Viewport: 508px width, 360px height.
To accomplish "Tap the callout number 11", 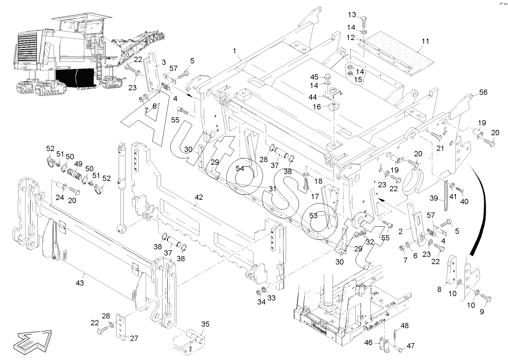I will pyautogui.click(x=425, y=41).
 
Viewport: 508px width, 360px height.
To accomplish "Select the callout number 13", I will pyautogui.click(x=352, y=15).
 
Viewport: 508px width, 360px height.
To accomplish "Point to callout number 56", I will pyautogui.click(x=483, y=92).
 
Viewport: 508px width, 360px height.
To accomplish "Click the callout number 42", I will pyautogui.click(x=199, y=197).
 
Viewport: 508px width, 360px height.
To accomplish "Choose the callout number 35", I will pyautogui.click(x=205, y=324).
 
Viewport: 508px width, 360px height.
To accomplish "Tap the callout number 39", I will pyautogui.click(x=434, y=198).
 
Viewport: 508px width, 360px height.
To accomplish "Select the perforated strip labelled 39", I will pyautogui.click(x=448, y=192).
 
